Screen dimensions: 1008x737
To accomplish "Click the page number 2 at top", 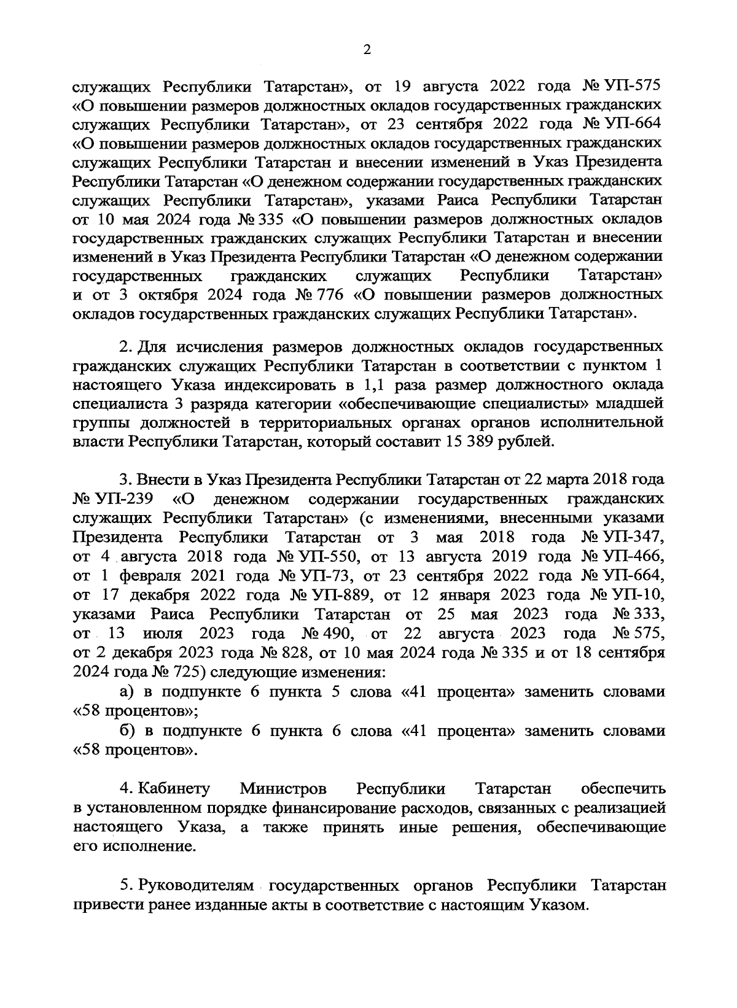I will tap(367, 50).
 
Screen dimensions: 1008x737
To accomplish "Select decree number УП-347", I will tap(634, 538).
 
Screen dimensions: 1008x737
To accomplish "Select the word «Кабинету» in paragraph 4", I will tap(175, 788).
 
